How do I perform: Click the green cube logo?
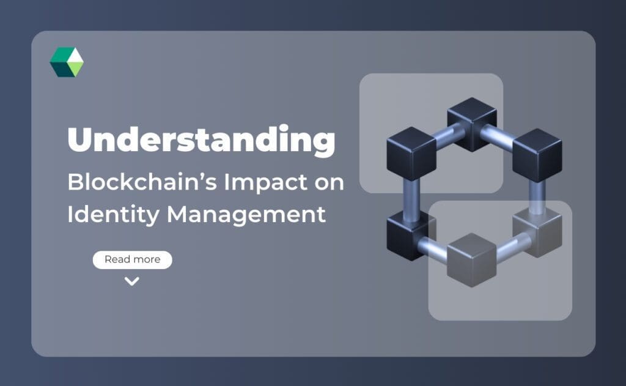pyautogui.click(x=66, y=62)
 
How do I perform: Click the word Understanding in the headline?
pyautogui.click(x=201, y=141)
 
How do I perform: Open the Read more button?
pyautogui.click(x=132, y=259)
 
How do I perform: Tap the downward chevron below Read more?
pyautogui.click(x=131, y=281)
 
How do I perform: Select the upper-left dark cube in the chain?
pyautogui.click(x=411, y=152)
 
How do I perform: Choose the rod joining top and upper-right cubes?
pyautogui.click(x=503, y=135)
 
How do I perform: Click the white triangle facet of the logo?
pyautogui.click(x=75, y=57)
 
